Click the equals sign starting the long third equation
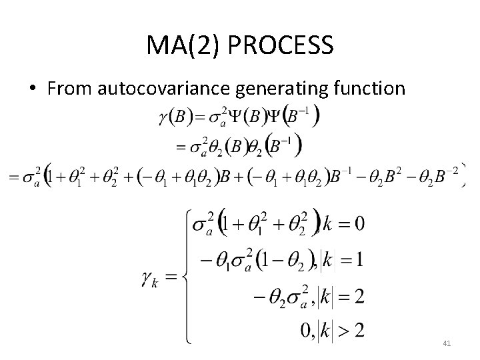click(x=9, y=175)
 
